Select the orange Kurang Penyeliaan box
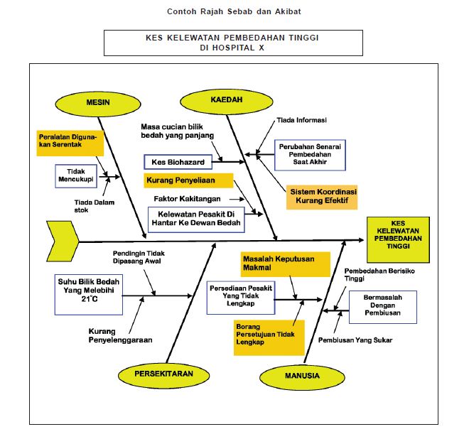coord(188,180)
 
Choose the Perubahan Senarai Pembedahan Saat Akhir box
coord(310,155)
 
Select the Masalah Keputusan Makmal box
coord(285,263)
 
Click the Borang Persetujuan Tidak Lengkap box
coord(269,337)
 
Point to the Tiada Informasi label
coord(299,121)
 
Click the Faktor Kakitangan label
coord(187,198)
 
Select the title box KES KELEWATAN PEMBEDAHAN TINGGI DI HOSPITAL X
coord(233,43)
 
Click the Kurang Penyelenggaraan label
coord(120,335)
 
